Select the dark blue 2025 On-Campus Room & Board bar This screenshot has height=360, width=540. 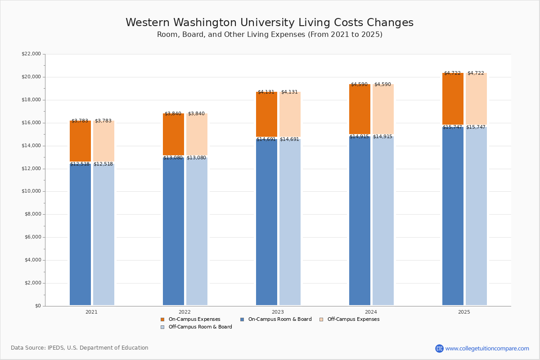453,216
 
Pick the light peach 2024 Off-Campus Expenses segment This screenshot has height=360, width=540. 383,109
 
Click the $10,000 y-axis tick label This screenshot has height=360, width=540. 31,191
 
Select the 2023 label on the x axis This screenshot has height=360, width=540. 278,312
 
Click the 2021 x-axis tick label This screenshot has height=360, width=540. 91,312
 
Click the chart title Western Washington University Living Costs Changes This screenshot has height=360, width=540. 270,23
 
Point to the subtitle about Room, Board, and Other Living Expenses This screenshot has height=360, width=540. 270,35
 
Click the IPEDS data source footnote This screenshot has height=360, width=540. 80,348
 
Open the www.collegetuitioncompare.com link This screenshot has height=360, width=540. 487,348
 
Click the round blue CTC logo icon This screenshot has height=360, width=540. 439,348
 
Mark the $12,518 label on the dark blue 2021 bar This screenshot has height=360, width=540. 80,164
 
